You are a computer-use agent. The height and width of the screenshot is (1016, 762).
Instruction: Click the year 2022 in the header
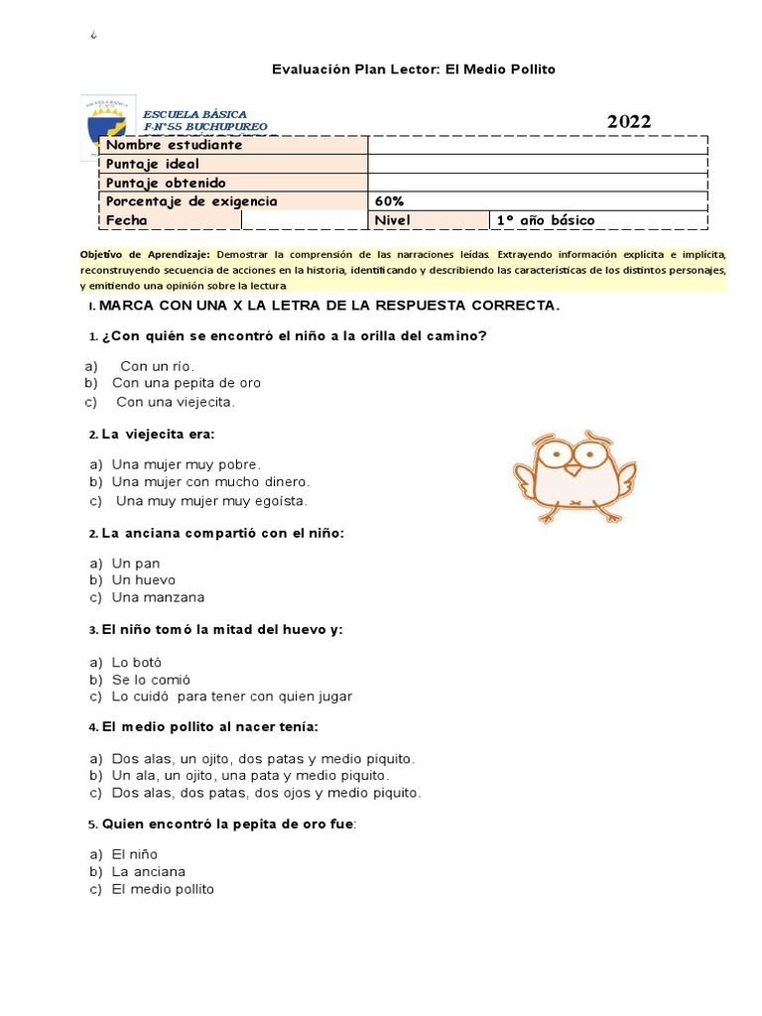629,122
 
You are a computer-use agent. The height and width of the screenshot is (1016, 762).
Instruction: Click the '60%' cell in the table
390,201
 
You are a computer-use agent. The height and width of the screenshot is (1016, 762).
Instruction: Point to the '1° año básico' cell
546,220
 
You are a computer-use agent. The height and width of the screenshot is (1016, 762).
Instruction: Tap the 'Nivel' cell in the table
392,220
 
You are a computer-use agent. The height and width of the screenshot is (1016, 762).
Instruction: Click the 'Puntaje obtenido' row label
166,183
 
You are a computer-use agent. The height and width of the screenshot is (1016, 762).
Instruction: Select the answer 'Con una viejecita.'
175,402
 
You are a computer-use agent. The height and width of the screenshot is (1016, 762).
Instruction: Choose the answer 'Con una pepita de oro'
187,383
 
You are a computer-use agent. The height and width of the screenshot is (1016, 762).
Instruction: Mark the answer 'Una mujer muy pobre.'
187,463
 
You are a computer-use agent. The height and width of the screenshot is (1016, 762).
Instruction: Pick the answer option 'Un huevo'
144,579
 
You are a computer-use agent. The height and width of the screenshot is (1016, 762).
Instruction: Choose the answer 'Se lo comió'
151,679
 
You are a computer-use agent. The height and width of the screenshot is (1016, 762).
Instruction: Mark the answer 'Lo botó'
137,662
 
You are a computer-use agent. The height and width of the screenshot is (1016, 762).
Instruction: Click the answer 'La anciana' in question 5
149,871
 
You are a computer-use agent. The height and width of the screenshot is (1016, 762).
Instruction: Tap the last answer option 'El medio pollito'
163,889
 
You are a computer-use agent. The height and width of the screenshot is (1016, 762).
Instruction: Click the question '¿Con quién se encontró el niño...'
294,335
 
